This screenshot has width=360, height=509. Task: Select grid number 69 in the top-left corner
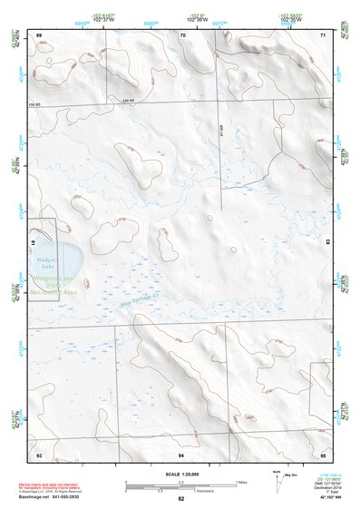pos(39,34)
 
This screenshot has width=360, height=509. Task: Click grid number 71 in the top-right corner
pos(324,34)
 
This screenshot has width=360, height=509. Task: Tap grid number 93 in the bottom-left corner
pos(39,453)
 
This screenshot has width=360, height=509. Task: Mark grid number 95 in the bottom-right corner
pos(324,453)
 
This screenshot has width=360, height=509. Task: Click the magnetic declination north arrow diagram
pos(276,482)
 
